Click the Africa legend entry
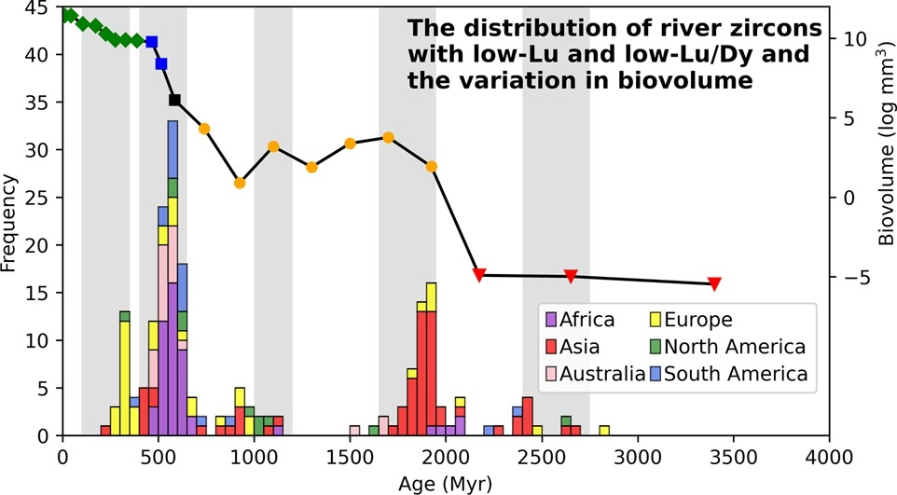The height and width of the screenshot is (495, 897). [x=585, y=320]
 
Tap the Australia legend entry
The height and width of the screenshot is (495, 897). [x=594, y=374]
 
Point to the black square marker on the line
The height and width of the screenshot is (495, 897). [x=174, y=100]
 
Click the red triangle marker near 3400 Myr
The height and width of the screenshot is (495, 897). [x=714, y=283]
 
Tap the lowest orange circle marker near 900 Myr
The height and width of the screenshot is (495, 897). [x=240, y=183]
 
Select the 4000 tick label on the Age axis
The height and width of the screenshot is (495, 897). [x=828, y=457]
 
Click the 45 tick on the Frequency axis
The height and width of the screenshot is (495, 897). [x=41, y=7]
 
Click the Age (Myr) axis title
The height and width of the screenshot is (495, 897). [x=445, y=484]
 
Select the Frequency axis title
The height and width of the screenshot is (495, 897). [x=11, y=221]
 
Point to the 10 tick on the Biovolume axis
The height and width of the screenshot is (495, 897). [x=854, y=39]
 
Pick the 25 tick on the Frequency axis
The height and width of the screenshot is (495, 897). [x=41, y=197]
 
